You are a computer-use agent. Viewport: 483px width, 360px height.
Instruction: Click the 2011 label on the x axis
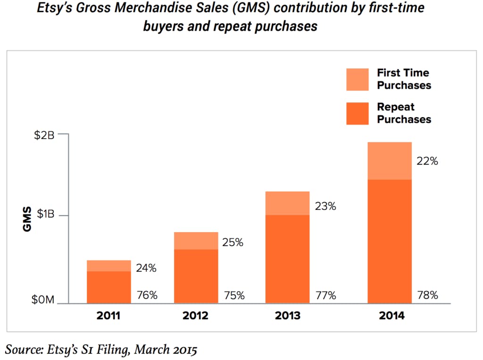point(108,316)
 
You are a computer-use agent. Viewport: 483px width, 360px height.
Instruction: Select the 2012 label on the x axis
point(196,316)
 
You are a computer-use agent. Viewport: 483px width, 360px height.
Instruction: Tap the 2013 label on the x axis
point(287,316)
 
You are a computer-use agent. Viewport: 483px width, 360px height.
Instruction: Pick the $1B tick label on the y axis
point(45,215)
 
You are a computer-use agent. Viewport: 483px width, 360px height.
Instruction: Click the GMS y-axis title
point(27,219)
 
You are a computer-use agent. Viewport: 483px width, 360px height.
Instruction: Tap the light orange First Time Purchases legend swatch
point(357,79)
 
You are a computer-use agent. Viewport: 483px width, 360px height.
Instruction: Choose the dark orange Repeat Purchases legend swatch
point(357,113)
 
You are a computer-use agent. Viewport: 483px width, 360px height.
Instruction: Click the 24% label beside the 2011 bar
point(146,268)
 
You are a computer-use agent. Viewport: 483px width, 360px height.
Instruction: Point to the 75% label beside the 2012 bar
point(233,296)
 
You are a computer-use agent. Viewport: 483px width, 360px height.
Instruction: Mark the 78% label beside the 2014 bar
point(427,296)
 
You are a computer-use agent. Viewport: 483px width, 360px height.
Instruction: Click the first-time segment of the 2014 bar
point(390,160)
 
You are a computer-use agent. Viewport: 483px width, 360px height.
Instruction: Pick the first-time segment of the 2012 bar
point(196,241)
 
